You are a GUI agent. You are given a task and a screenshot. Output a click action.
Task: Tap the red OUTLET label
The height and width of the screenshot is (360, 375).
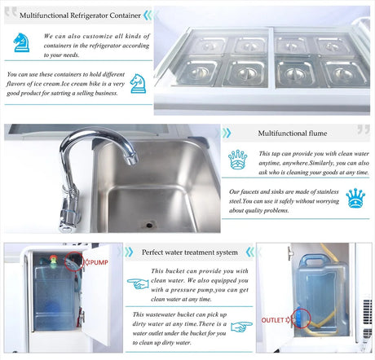click(272, 320)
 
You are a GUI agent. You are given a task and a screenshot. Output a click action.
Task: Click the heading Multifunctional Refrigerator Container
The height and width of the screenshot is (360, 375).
click(80, 15)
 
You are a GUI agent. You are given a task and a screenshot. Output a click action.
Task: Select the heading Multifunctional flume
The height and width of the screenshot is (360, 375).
click(293, 134)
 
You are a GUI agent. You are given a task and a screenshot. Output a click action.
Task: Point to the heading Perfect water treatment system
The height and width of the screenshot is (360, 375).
click(190, 252)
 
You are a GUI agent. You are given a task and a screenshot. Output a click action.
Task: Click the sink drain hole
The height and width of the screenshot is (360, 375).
click(149, 225)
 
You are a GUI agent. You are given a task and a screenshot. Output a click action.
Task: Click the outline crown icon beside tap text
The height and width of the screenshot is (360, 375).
click(237, 160)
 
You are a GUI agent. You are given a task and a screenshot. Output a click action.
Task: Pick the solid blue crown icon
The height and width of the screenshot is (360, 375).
click(355, 198)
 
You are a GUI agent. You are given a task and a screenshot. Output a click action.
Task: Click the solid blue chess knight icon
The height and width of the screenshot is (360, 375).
click(21, 42)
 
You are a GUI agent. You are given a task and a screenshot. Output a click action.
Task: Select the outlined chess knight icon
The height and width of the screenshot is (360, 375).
click(138, 84)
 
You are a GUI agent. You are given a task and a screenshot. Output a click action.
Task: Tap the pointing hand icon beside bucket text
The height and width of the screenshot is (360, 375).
click(138, 283)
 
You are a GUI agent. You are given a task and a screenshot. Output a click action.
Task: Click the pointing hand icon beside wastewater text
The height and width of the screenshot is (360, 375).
click(241, 327)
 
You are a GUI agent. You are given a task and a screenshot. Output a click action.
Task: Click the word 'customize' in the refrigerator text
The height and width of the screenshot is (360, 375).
click(98, 36)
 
